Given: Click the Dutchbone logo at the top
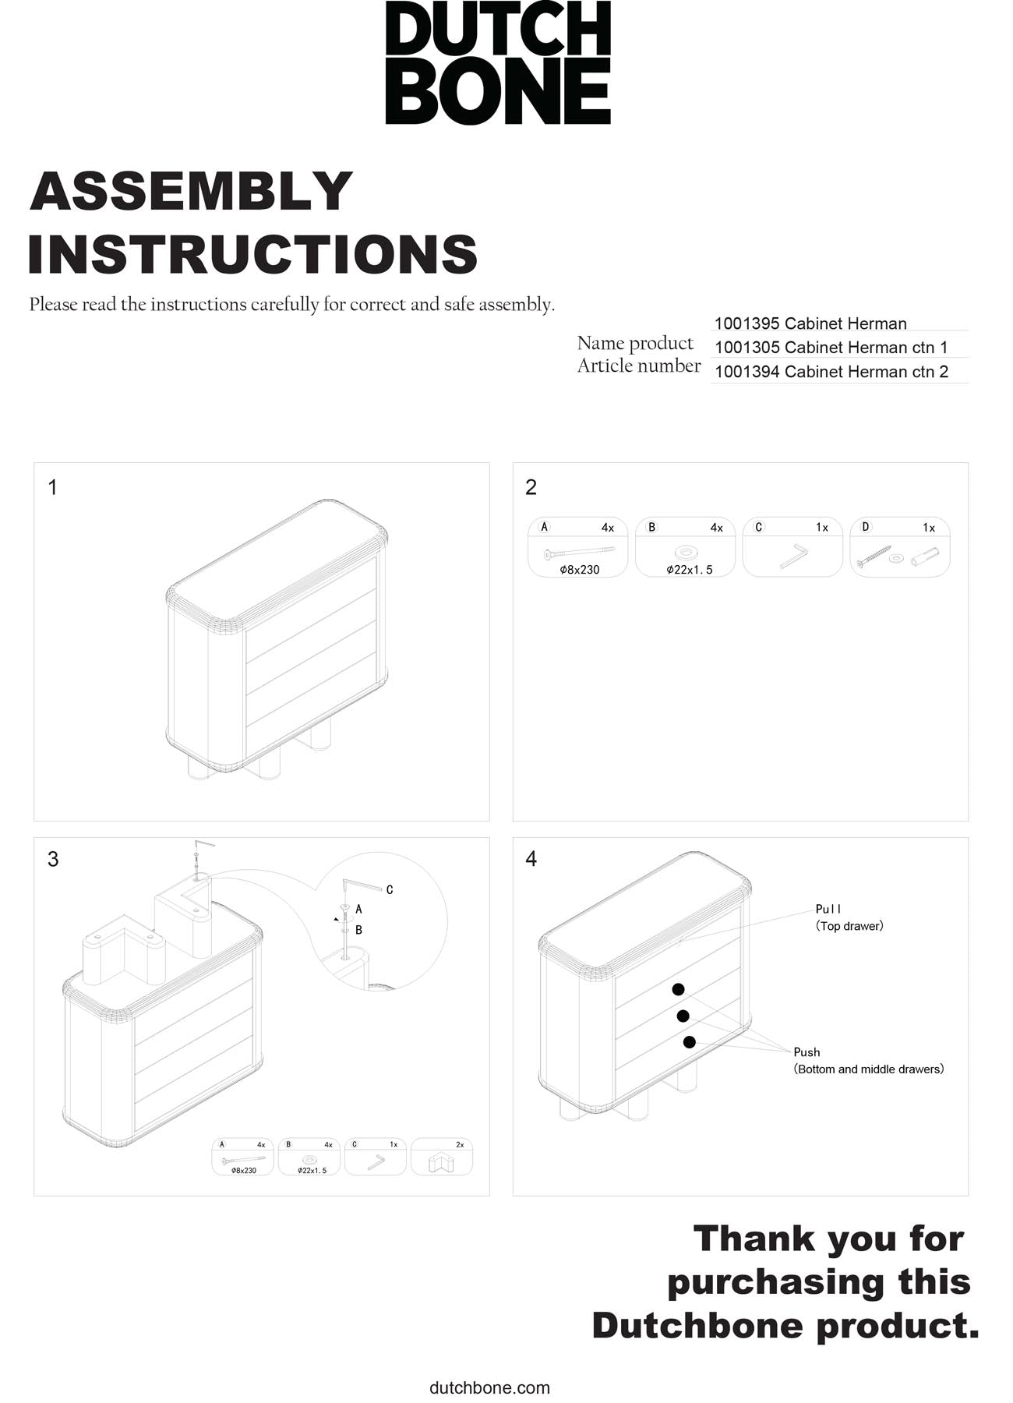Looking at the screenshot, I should click(497, 62).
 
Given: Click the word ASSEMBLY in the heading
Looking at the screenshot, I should click(192, 191).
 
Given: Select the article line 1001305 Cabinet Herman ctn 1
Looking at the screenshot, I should click(831, 347).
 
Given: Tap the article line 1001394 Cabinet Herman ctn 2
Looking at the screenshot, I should click(831, 372).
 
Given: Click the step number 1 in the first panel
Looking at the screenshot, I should click(52, 488).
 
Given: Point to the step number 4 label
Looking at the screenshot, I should click(531, 859).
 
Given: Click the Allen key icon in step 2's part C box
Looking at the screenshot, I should click(793, 556).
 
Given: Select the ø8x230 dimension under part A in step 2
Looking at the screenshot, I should click(580, 570).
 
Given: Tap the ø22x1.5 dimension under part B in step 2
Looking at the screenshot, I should click(689, 570).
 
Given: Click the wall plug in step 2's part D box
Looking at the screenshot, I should click(925, 557).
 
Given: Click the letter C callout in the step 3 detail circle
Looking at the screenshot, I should click(390, 890).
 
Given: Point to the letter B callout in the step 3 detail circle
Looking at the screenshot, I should click(358, 930).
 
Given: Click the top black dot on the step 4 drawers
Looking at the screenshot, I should click(678, 989).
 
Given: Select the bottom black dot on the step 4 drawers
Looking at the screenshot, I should click(689, 1041).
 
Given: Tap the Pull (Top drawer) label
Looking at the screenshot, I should click(849, 917).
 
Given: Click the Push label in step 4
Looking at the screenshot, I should click(807, 1052).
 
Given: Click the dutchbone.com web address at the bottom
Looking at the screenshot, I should click(489, 1387).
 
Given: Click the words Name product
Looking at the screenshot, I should click(634, 343).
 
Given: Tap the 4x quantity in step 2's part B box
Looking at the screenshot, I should click(716, 528).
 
